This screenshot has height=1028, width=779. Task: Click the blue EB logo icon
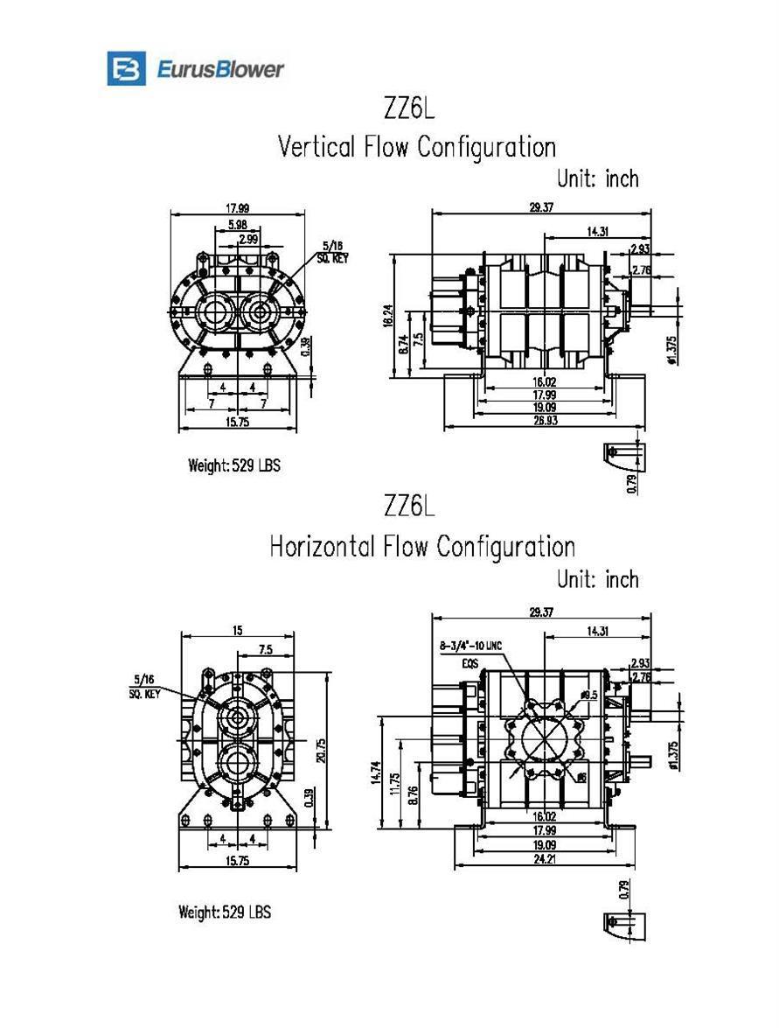(x=126, y=68)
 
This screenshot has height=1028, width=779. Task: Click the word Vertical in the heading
(x=317, y=146)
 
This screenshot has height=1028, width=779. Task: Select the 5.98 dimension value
(x=236, y=225)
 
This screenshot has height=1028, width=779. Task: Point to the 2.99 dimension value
(x=247, y=239)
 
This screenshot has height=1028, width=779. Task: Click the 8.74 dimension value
(x=403, y=345)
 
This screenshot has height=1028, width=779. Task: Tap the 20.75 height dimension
(x=322, y=751)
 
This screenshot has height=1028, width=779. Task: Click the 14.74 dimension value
(x=375, y=771)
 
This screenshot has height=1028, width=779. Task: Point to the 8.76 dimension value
(x=414, y=794)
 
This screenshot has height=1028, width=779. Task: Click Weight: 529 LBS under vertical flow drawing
(x=234, y=465)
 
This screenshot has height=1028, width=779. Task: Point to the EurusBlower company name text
(x=220, y=68)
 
